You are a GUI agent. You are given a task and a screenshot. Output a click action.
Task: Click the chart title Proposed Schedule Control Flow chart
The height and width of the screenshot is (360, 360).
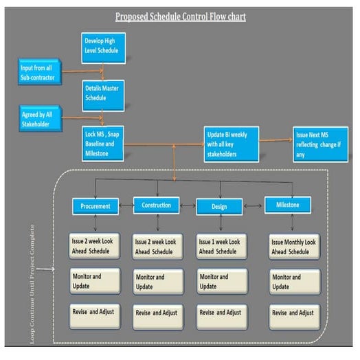pos(179,16)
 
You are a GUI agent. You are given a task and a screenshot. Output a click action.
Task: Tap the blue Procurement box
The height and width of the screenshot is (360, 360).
pos(95,205)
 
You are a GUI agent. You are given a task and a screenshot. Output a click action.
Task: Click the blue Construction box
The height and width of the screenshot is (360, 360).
pos(157,205)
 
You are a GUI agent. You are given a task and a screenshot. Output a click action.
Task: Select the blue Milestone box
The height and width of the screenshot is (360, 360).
pos(287,204)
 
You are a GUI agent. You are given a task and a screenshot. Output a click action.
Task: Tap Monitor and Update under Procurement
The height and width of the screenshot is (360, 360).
pos(95,281)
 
